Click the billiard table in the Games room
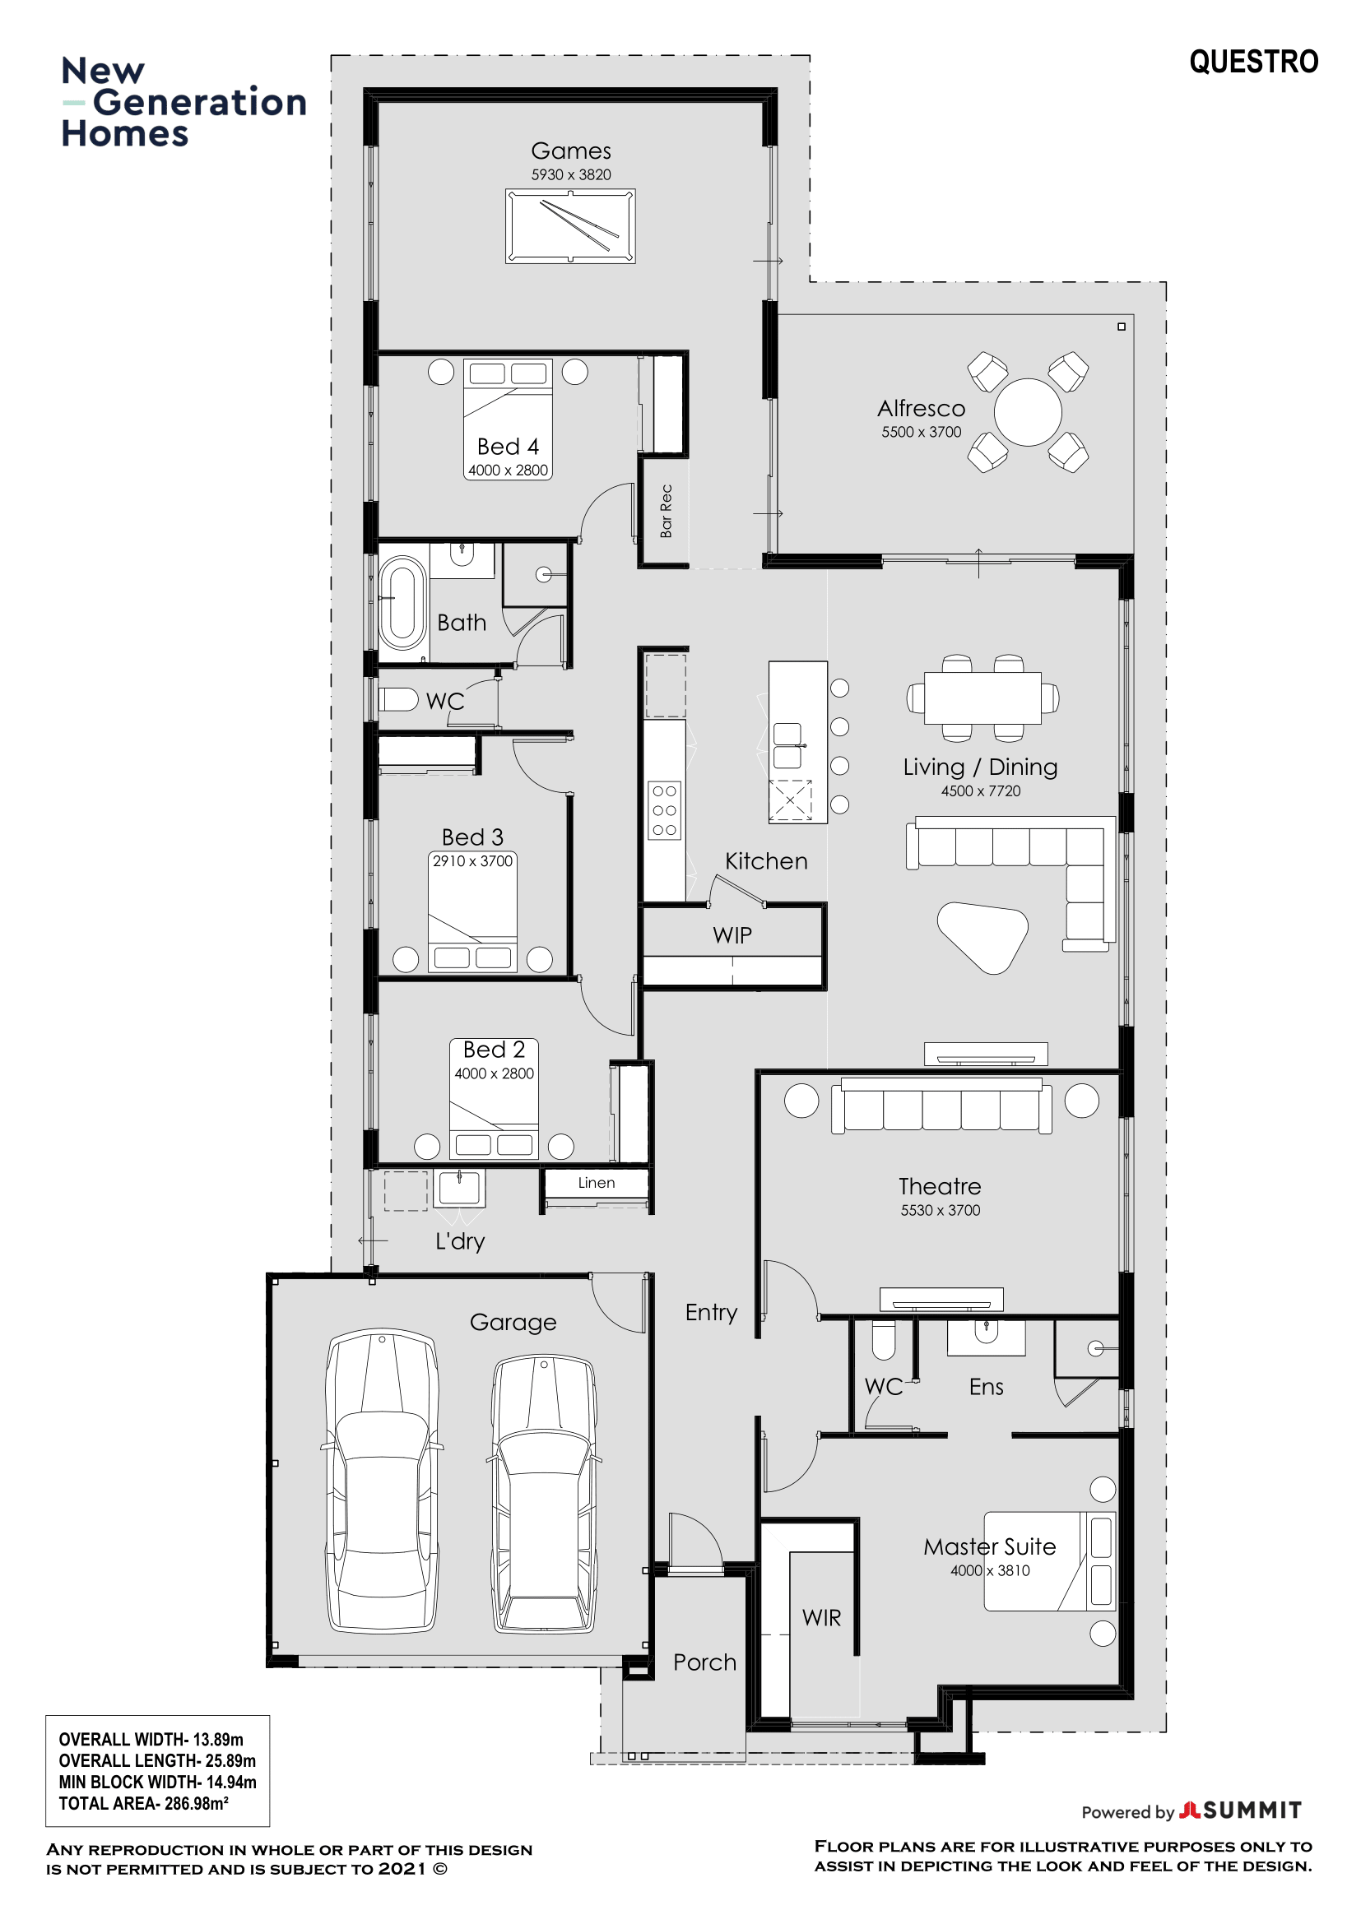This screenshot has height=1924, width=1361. (x=570, y=226)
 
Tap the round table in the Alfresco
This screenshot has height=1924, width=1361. (x=1028, y=412)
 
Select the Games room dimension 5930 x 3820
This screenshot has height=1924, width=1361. (x=571, y=175)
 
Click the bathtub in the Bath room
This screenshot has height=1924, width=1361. (x=403, y=603)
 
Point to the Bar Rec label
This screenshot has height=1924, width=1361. (x=667, y=511)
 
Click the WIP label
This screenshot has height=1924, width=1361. (x=732, y=935)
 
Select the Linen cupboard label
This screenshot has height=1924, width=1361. (x=596, y=1182)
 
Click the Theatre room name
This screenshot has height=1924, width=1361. (x=940, y=1187)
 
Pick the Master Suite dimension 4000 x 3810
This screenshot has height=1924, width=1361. (x=990, y=1570)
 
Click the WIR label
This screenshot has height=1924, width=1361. (x=821, y=1618)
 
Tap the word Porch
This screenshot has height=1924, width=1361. (x=705, y=1662)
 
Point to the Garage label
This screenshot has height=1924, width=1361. (x=513, y=1323)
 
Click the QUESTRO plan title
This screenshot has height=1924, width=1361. (x=1254, y=62)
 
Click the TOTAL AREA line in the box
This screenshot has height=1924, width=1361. (x=143, y=1803)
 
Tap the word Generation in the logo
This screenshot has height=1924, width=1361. (x=199, y=102)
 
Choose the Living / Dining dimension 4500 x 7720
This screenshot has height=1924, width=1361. (x=981, y=791)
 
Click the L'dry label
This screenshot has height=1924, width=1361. (x=460, y=1241)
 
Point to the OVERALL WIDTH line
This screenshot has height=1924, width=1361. (x=151, y=1740)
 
